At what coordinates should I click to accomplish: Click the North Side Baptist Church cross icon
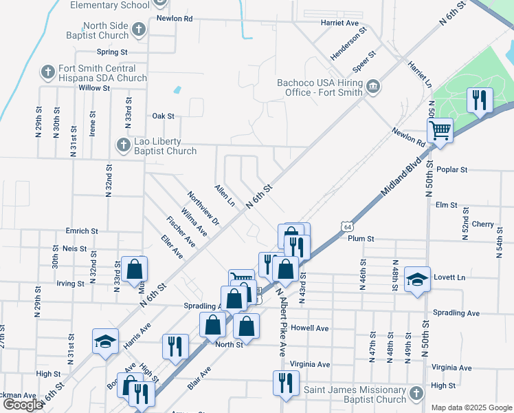(x=139, y=30)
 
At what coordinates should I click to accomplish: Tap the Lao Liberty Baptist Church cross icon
(x=123, y=145)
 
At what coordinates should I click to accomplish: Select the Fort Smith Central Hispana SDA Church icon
(x=47, y=72)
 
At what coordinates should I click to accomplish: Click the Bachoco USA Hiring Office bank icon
(x=372, y=86)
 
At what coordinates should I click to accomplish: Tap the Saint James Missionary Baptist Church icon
(x=415, y=393)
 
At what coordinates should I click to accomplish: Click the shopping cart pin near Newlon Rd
(x=440, y=129)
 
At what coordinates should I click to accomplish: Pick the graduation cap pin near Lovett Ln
(x=417, y=279)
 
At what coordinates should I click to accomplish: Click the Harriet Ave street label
(x=339, y=23)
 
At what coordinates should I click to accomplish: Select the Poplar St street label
(x=451, y=169)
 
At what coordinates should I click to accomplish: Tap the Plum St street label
(x=360, y=239)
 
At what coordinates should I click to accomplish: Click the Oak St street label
(x=164, y=116)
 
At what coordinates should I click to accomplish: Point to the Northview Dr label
(x=203, y=208)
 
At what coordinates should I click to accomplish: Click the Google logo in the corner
(x=23, y=405)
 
